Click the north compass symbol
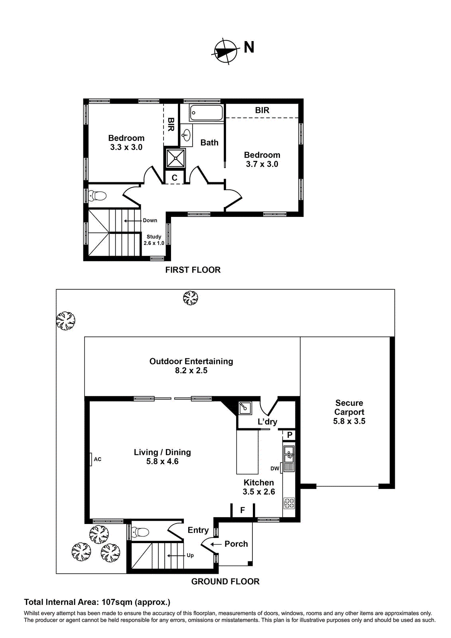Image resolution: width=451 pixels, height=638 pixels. click(x=226, y=51)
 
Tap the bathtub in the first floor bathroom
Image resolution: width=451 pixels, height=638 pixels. click(x=206, y=112)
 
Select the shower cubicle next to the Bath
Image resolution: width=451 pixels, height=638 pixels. click(x=175, y=158)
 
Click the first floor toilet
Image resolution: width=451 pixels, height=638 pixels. click(x=98, y=196)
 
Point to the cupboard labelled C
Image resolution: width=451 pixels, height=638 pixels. click(x=174, y=178)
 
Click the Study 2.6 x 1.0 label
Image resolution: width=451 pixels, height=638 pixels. click(x=154, y=240)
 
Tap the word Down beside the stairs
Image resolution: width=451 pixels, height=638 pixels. click(x=150, y=220)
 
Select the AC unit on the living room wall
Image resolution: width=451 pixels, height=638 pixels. click(x=91, y=459)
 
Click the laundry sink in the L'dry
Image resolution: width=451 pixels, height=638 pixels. click(x=245, y=408)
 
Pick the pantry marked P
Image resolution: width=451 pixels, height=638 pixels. click(x=290, y=435)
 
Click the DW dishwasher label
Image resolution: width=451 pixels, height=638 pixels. click(x=275, y=469)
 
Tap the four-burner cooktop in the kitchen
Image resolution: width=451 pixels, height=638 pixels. click(x=289, y=503)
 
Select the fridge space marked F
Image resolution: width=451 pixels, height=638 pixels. click(x=242, y=510)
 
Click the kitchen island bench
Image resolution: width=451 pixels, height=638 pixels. click(x=247, y=451)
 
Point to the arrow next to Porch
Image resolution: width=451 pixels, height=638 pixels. click(x=216, y=544)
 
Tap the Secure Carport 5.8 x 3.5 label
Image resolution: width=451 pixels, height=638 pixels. click(x=349, y=412)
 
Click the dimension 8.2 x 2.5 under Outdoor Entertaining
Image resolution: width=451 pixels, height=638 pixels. click(x=191, y=370)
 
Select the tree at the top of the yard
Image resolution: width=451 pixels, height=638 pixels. click(x=190, y=298)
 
